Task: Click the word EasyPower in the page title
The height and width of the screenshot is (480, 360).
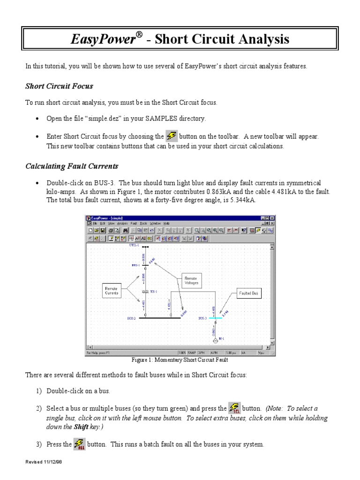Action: pyautogui.click(x=102, y=39)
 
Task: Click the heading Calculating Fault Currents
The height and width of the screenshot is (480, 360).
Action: pyautogui.click(x=71, y=166)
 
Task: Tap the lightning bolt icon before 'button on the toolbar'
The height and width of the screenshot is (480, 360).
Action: pyautogui.click(x=172, y=136)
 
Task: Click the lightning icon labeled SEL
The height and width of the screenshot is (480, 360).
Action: pyautogui.click(x=234, y=408)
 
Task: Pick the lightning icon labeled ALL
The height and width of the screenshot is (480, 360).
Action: pyautogui.click(x=80, y=444)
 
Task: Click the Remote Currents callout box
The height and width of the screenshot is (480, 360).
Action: pyautogui.click(x=112, y=290)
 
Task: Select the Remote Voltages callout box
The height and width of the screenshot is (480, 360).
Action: pyautogui.click(x=191, y=280)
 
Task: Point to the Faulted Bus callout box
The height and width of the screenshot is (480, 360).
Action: pyautogui.click(x=248, y=293)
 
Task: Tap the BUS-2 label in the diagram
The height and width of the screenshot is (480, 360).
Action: pyautogui.click(x=131, y=318)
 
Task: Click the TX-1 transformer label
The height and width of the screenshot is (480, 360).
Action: pyautogui.click(x=153, y=291)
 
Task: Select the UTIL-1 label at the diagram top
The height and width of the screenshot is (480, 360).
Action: pyautogui.click(x=134, y=245)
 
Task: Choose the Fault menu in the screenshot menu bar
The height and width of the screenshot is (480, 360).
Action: pyautogui.click(x=134, y=224)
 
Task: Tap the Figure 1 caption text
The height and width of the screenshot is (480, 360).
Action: pyautogui.click(x=180, y=360)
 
